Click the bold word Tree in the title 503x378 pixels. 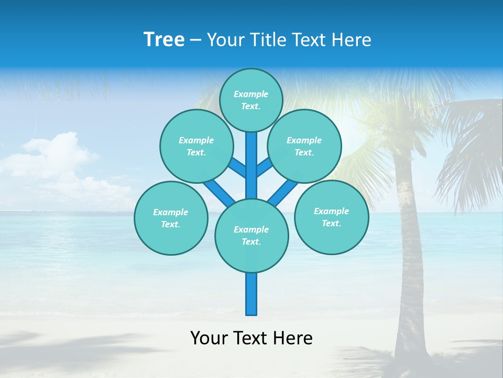(164, 40)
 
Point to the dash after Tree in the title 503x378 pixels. (195, 40)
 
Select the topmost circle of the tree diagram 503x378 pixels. (251, 100)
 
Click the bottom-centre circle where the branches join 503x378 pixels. (251, 235)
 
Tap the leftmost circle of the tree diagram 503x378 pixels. (171, 218)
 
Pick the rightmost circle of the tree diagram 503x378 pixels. (331, 217)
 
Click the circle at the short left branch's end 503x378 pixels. (196, 146)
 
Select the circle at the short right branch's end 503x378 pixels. (304, 146)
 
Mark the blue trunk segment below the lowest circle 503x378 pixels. (251, 294)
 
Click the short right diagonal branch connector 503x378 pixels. (264, 167)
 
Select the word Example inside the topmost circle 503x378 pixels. (251, 94)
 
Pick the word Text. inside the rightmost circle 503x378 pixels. (331, 223)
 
